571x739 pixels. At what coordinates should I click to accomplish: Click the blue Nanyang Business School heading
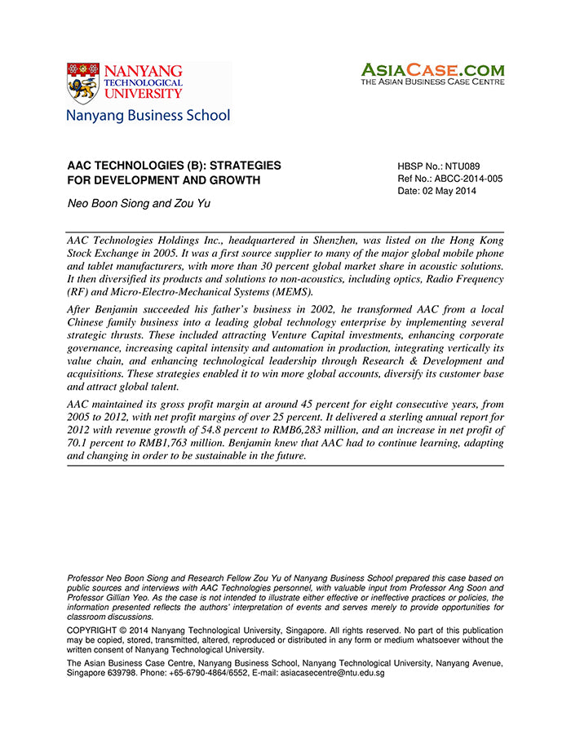point(148,116)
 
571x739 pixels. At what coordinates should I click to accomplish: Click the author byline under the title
point(138,203)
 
